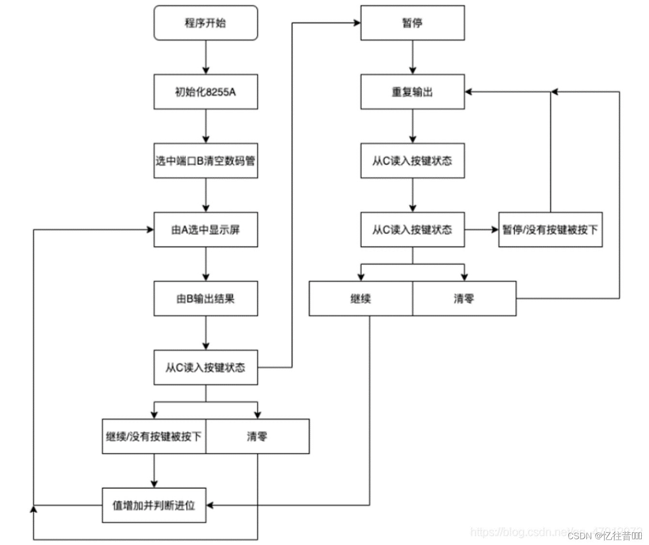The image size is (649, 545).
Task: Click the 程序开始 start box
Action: pyautogui.click(x=206, y=23)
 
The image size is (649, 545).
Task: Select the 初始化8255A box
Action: pyautogui.click(x=206, y=92)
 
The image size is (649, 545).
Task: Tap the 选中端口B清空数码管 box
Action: pyautogui.click(x=206, y=161)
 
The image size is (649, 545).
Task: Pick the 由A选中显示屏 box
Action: pyautogui.click(x=206, y=230)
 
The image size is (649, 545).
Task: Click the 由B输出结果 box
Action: pyautogui.click(x=206, y=298)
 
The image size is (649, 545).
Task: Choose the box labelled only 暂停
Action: pyautogui.click(x=412, y=23)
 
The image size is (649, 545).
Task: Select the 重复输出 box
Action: pyautogui.click(x=412, y=92)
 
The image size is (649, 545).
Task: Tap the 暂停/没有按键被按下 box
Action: pyautogui.click(x=550, y=230)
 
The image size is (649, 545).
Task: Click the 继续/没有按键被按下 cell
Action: pyautogui.click(x=154, y=436)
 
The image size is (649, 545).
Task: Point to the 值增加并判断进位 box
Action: pyautogui.click(x=154, y=505)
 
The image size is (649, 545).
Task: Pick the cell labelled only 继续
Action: pyautogui.click(x=361, y=298)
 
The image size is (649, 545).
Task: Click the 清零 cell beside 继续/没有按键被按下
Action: pyautogui.click(x=257, y=436)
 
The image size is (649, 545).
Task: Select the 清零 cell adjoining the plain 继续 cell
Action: pyautogui.click(x=464, y=298)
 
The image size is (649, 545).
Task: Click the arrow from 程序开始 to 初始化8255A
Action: pyautogui.click(x=206, y=57)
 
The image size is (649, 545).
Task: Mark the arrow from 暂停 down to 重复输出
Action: pyautogui.click(x=412, y=57)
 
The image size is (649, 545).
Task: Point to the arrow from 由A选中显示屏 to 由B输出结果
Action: pyautogui.click(x=206, y=264)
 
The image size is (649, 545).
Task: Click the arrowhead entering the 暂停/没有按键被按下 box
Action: pyautogui.click(x=494, y=230)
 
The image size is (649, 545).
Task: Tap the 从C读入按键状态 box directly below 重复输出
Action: pyautogui.click(x=412, y=161)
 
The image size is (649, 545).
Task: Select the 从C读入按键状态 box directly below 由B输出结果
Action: pyautogui.click(x=206, y=368)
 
